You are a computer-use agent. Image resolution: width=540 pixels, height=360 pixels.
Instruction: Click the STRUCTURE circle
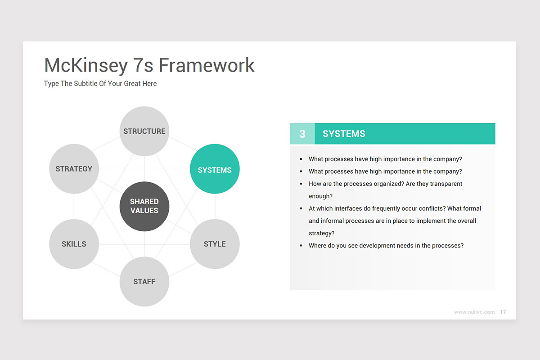[144, 131]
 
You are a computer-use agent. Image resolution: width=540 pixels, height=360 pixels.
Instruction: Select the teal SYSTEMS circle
[215, 169]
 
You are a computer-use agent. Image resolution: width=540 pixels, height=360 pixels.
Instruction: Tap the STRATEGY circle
[74, 169]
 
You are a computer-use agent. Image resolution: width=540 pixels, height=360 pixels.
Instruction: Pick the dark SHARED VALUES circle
[144, 206]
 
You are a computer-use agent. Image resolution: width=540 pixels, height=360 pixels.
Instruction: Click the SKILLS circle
[74, 244]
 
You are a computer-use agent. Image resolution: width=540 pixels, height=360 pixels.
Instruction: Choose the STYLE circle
[215, 244]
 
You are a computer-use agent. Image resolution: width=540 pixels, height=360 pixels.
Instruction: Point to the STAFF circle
[144, 282]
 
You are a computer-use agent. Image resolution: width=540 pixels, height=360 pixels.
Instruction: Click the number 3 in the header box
[302, 134]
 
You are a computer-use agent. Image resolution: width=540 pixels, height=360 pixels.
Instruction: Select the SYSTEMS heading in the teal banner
[344, 134]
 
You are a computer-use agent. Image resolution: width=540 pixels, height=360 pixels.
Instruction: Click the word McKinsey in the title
[86, 65]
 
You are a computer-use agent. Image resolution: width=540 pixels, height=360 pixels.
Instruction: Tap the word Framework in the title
[207, 65]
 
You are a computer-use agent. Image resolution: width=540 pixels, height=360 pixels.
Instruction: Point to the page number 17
[503, 312]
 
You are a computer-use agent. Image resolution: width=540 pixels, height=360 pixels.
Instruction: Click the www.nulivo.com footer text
[474, 312]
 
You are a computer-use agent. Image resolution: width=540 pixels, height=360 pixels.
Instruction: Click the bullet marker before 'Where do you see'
[301, 246]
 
